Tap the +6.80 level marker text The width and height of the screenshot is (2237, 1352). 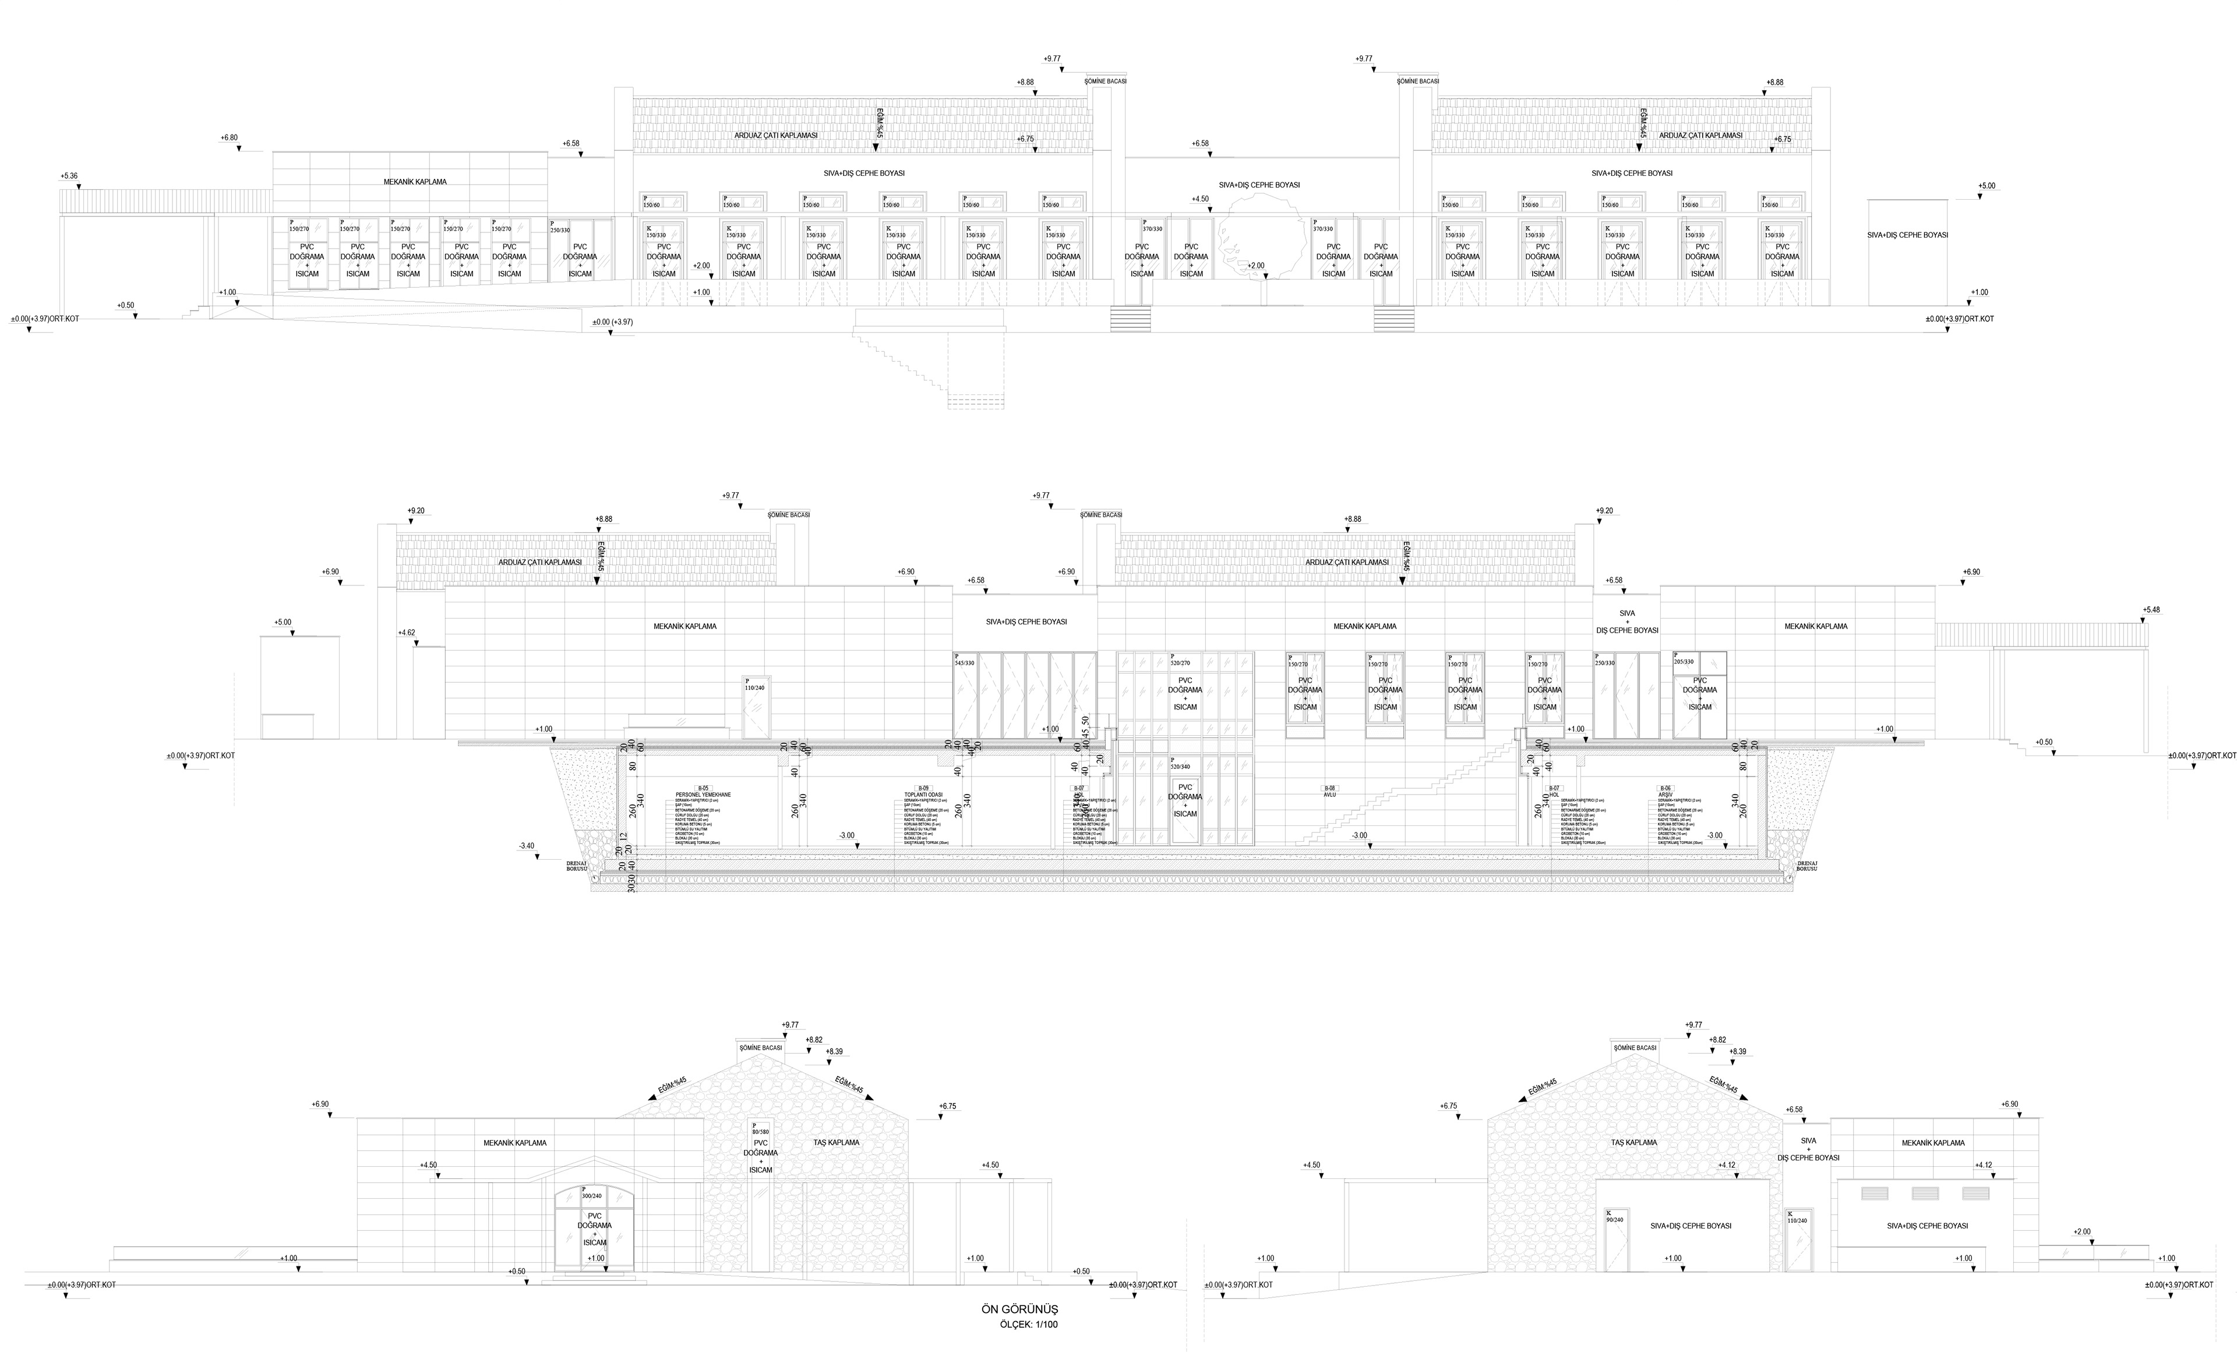point(229,138)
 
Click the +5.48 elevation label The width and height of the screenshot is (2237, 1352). point(2151,610)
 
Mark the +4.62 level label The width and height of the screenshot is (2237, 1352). point(406,633)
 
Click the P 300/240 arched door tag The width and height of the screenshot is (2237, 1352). point(591,1193)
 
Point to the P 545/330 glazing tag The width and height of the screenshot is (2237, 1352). point(964,660)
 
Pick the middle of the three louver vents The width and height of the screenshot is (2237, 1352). point(1925,1193)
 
